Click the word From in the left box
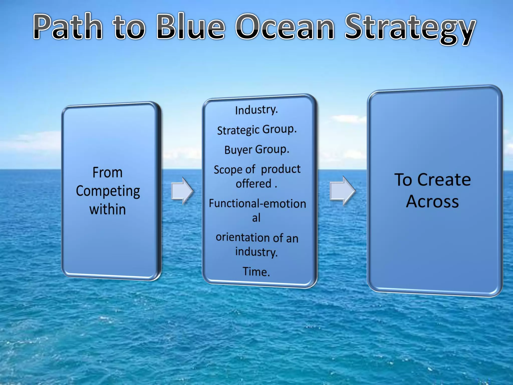point(107,172)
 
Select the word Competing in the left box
point(108,191)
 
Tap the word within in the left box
point(107,209)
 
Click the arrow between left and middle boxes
point(182,191)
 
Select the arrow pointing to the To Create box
point(342,191)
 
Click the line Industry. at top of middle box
point(256,110)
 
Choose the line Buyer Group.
point(257,150)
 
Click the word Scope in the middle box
point(228,170)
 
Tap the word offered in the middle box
point(253,184)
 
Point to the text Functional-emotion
point(258,204)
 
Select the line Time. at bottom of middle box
point(256,272)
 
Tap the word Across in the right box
point(432,202)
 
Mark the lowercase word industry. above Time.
point(256,252)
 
